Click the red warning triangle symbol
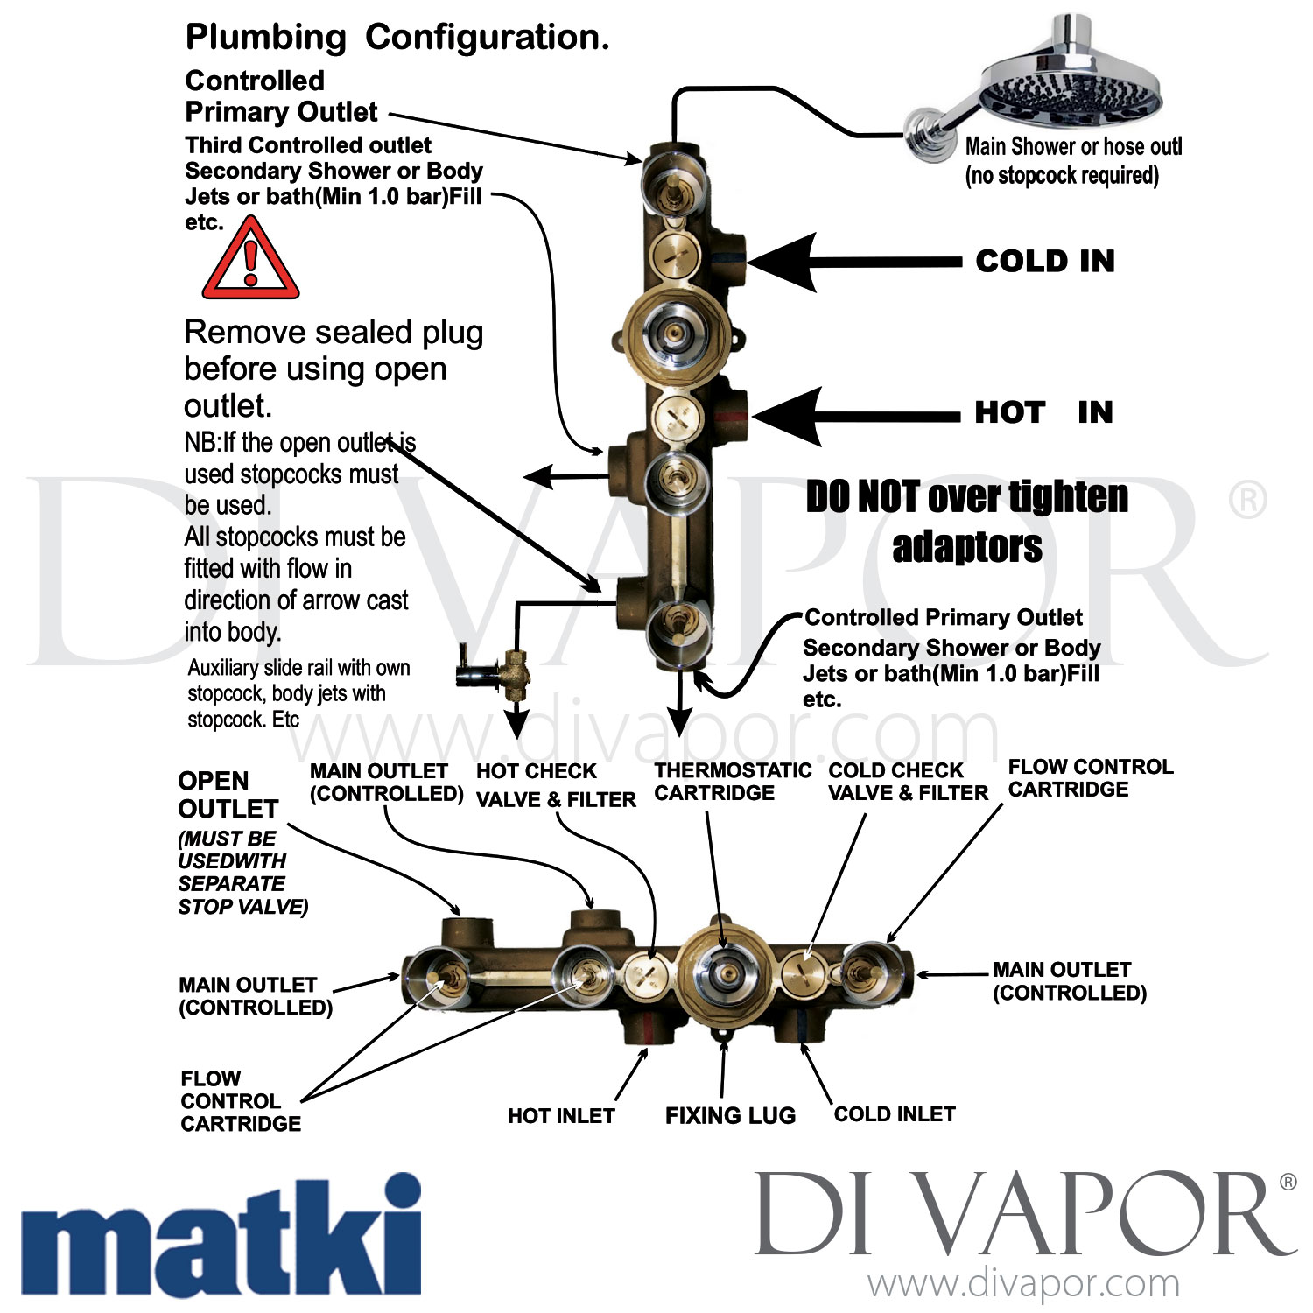pyautogui.click(x=251, y=261)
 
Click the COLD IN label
pyautogui.click(x=1045, y=261)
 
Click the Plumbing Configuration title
pyautogui.click(x=397, y=38)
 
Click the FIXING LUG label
pyautogui.click(x=730, y=1115)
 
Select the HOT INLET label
pyautogui.click(x=561, y=1116)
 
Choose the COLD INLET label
pyautogui.click(x=894, y=1114)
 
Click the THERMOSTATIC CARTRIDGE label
pyautogui.click(x=732, y=782)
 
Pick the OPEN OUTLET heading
pyautogui.click(x=228, y=794)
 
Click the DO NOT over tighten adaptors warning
pyautogui.click(x=966, y=522)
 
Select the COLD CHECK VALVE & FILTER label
pyautogui.click(x=908, y=782)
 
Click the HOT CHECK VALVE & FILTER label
pyautogui.click(x=555, y=785)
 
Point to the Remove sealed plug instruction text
pyautogui.click(x=333, y=369)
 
